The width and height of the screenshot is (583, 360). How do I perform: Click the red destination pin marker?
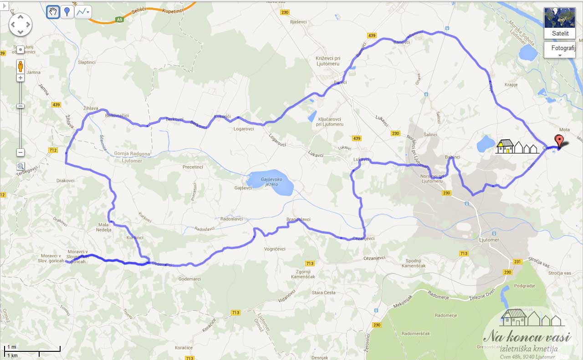click(x=559, y=141)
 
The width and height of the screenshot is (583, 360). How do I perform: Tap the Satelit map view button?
click(x=560, y=23)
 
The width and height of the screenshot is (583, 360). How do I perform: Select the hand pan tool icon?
click(x=53, y=12)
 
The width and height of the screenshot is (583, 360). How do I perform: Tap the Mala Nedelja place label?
click(x=105, y=227)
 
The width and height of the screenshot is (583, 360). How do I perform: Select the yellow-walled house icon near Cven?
click(x=505, y=147)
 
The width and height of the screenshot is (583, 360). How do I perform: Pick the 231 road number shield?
click(x=517, y=261)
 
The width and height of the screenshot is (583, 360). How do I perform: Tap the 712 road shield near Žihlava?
click(x=53, y=150)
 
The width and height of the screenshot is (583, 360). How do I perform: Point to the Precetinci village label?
click(x=193, y=167)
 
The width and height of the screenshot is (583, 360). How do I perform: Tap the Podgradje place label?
click(x=524, y=286)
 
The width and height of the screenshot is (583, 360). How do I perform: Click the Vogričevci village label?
click(x=275, y=249)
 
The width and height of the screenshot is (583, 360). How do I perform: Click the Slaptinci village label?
click(x=87, y=62)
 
